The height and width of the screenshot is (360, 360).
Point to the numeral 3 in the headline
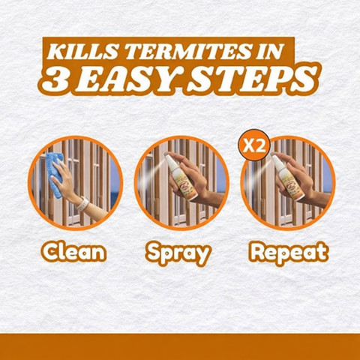point(55,79)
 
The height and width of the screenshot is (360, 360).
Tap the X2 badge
point(254,145)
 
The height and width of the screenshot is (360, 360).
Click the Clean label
point(74,252)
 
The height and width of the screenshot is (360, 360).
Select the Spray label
point(178,253)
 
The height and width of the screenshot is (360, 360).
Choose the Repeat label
point(289,253)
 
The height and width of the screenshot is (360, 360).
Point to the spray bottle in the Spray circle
point(180,176)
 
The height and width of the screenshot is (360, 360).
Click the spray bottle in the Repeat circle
point(287,176)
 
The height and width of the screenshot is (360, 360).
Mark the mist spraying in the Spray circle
point(153,171)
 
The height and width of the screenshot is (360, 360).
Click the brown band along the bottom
point(180,347)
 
